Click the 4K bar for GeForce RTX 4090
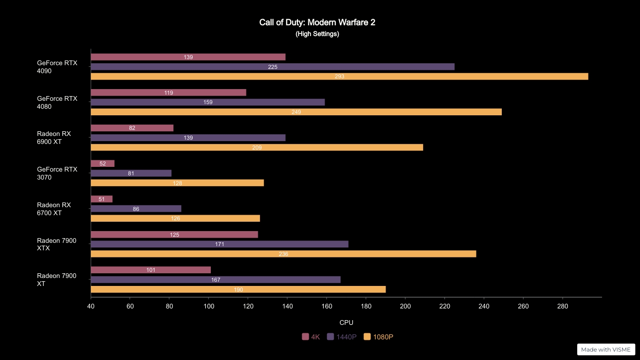click(x=188, y=57)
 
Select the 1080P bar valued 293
click(x=339, y=76)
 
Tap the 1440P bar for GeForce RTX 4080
click(x=208, y=102)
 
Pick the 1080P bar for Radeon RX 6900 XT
click(x=257, y=147)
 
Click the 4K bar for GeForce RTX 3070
click(x=103, y=164)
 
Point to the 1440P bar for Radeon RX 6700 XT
click(x=136, y=209)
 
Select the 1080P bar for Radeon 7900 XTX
click(x=283, y=254)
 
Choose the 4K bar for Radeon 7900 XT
click(x=150, y=270)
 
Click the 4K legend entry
click(x=311, y=337)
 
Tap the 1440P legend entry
click(x=342, y=337)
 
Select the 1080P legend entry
click(x=379, y=337)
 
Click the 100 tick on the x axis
click(x=209, y=307)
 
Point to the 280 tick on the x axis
click(x=562, y=307)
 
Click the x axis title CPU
click(x=346, y=322)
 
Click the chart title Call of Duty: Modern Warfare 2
click(x=317, y=22)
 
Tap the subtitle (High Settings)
click(x=317, y=34)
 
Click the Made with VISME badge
click(x=606, y=349)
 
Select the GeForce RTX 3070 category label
click(x=57, y=173)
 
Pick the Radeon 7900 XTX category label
click(x=57, y=244)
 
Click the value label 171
click(x=219, y=244)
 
